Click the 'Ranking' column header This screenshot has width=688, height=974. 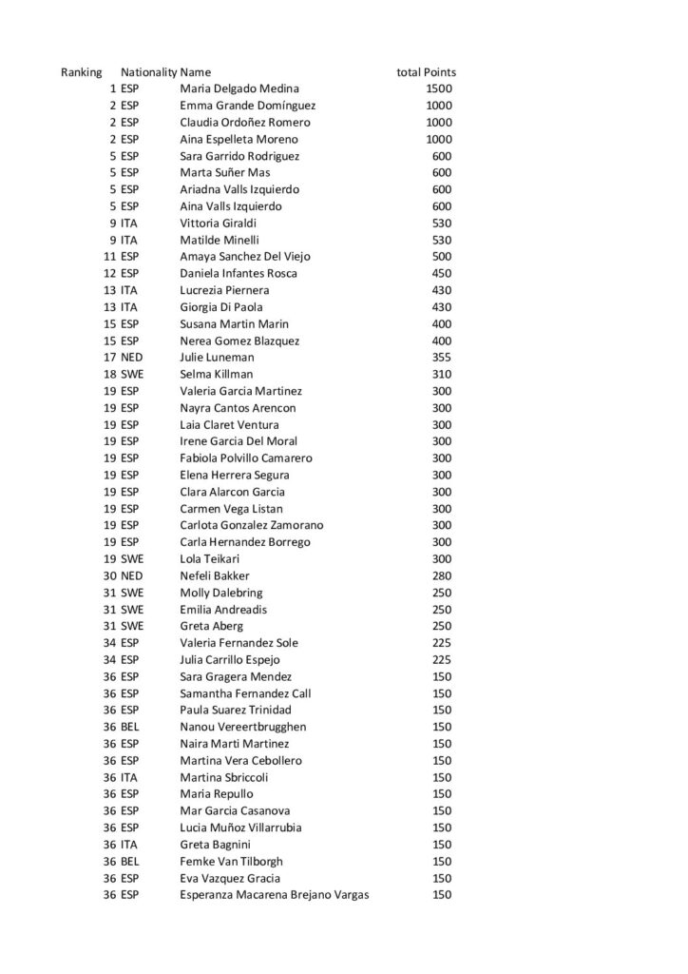[x=82, y=72]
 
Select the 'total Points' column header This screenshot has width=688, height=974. [x=426, y=72]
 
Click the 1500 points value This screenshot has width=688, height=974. [x=439, y=89]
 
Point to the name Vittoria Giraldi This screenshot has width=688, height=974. [x=219, y=224]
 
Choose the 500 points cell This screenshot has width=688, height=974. [x=442, y=257]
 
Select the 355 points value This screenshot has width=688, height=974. [x=442, y=358]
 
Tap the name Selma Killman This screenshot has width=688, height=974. [x=216, y=375]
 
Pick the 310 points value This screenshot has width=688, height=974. [x=442, y=375]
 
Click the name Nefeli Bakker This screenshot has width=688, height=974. [x=215, y=575]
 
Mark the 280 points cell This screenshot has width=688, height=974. [x=442, y=575]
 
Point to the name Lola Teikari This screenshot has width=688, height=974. [x=211, y=559]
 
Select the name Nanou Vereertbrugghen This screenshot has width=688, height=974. [x=243, y=727]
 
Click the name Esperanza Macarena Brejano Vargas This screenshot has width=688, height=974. [x=275, y=895]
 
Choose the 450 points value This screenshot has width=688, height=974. [x=442, y=274]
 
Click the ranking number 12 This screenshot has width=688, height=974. [x=109, y=274]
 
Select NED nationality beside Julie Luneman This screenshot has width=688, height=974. [x=132, y=358]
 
